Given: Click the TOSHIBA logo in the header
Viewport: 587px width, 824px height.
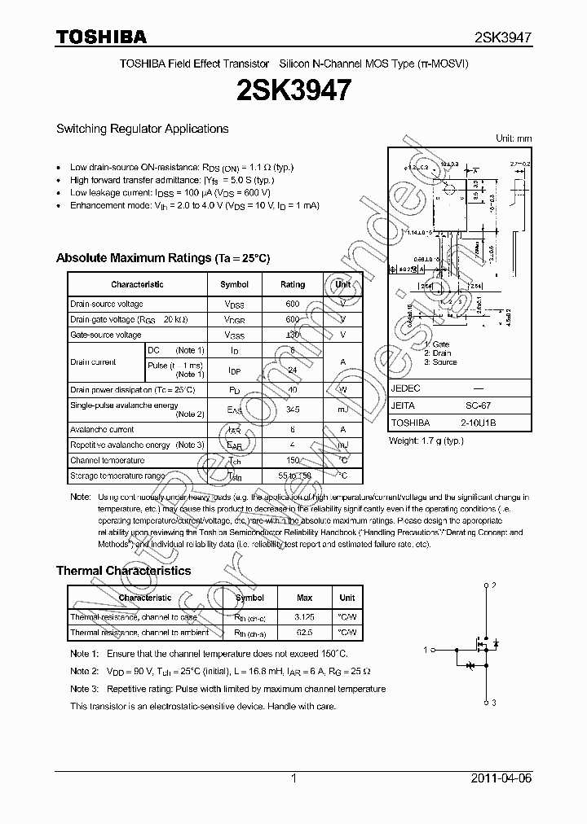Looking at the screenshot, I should (101, 37).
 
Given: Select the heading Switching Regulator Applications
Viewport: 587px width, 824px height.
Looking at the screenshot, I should (142, 129).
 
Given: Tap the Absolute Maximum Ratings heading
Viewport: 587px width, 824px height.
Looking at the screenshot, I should (162, 258).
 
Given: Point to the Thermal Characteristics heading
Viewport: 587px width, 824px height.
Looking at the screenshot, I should (123, 571).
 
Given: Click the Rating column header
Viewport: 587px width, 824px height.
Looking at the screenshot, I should (293, 284).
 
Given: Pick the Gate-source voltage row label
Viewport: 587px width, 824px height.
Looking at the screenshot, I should (105, 335).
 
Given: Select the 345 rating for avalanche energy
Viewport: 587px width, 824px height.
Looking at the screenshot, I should (293, 410).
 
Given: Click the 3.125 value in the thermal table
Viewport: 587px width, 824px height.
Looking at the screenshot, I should (305, 617).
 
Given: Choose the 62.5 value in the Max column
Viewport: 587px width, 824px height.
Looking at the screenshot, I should (305, 632).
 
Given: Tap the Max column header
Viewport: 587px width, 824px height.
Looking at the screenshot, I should (305, 598).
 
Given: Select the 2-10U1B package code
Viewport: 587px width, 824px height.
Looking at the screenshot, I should (478, 423).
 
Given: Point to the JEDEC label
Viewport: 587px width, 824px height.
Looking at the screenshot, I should (405, 388).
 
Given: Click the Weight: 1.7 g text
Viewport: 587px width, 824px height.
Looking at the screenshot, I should (426, 440).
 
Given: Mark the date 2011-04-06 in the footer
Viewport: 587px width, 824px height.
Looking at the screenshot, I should (501, 778).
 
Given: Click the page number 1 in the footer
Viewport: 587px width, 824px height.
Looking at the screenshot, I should (293, 778).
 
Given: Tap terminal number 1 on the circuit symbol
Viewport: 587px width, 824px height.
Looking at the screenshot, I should (426, 650).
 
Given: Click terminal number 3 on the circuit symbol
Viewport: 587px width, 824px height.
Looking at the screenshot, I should (493, 702).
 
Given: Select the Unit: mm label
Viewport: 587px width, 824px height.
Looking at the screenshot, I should (514, 138).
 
